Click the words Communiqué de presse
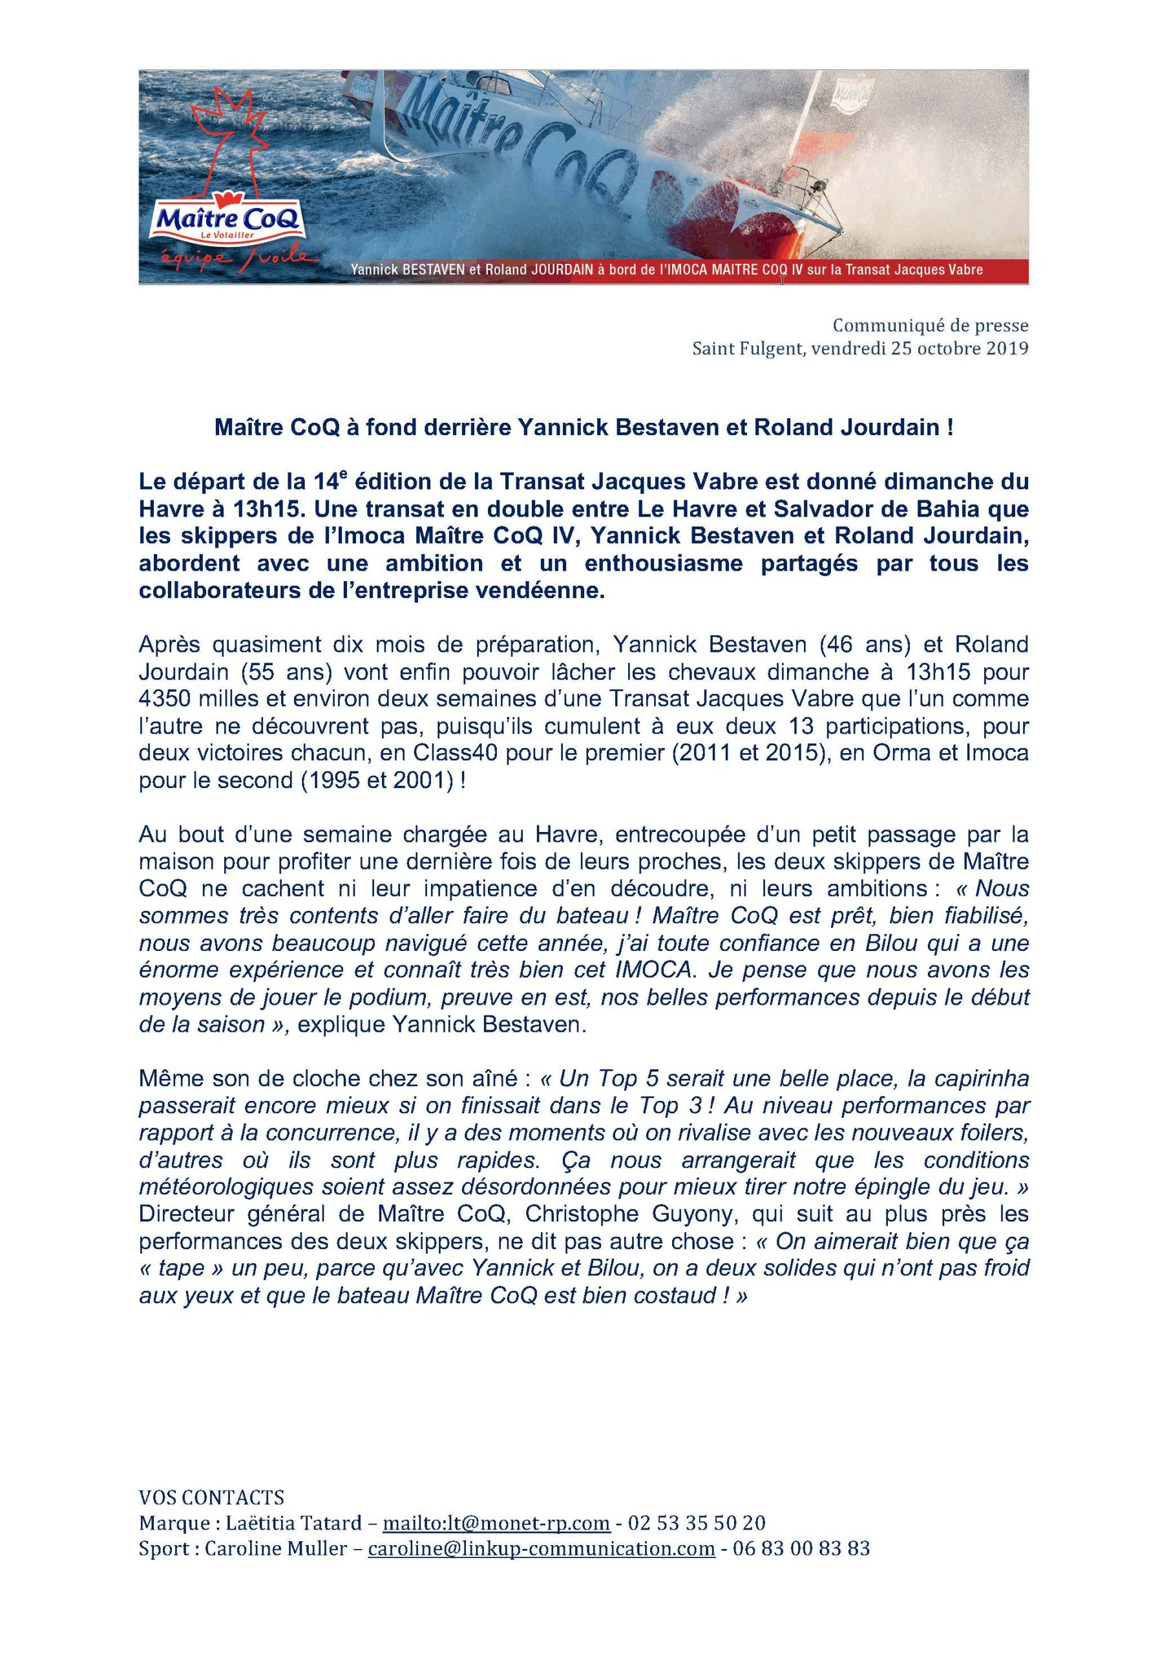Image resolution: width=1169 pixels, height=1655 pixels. pos(931,326)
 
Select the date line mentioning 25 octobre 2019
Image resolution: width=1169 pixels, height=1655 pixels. pos(860,350)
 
